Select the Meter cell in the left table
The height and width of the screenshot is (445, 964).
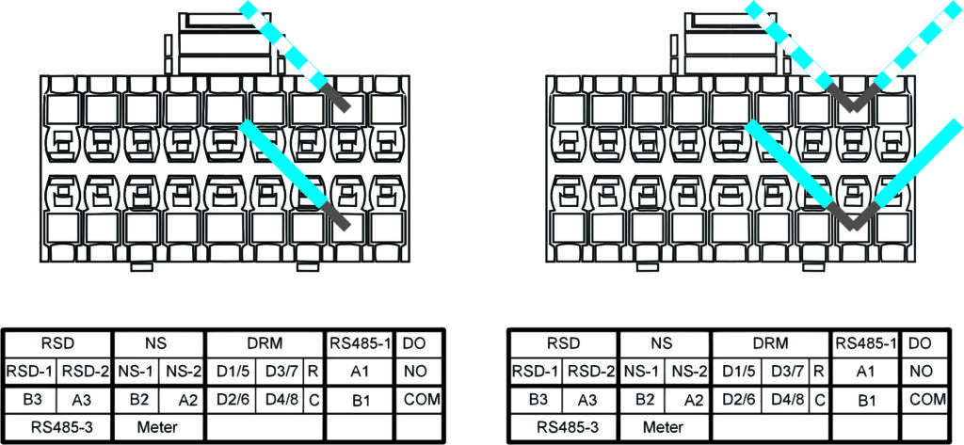click(157, 426)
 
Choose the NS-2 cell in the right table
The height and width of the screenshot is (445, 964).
click(691, 372)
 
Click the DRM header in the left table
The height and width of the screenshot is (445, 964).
click(265, 344)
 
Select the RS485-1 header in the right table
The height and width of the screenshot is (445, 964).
click(865, 344)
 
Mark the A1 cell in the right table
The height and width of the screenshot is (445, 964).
click(865, 372)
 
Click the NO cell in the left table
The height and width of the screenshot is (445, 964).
click(416, 372)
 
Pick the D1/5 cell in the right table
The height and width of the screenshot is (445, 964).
click(737, 372)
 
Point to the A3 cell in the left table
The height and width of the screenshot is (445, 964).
click(84, 399)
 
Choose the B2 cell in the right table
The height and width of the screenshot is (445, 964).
click(645, 399)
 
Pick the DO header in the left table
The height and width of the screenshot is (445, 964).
click(416, 344)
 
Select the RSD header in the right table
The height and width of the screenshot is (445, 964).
click(563, 344)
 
